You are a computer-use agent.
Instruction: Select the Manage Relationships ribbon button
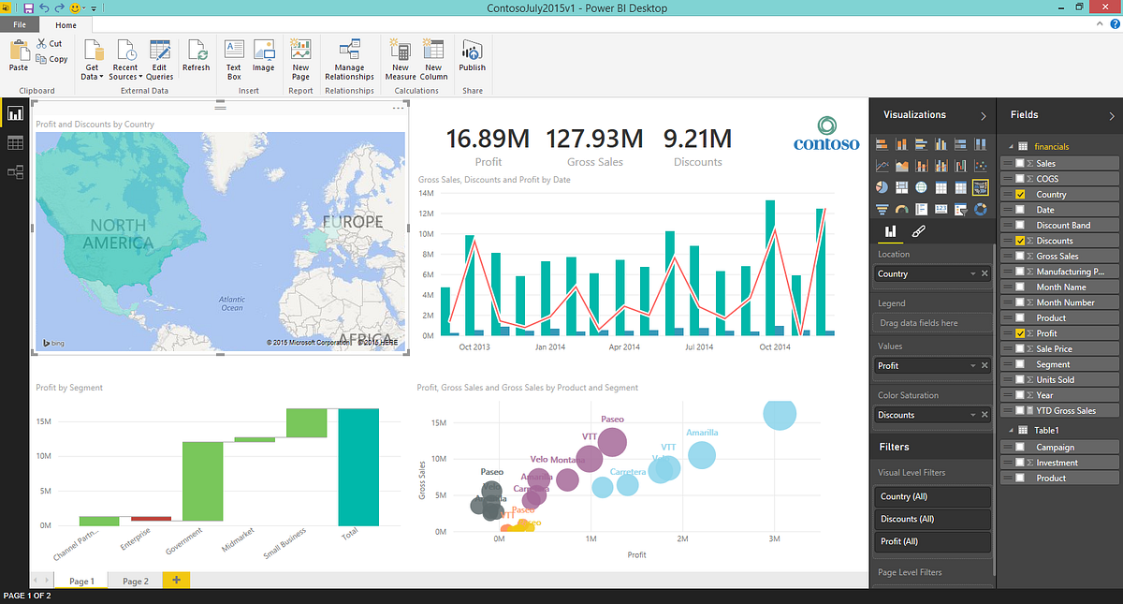click(349, 59)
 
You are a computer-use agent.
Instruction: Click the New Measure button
click(401, 59)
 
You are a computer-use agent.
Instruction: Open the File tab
click(20, 25)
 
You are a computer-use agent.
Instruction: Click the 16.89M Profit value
click(488, 139)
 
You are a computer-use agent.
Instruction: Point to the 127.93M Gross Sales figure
click(594, 139)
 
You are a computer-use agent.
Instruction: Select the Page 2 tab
click(136, 582)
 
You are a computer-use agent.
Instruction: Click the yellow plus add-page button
click(176, 581)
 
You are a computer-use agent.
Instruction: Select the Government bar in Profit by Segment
click(202, 481)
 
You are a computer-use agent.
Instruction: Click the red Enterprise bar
click(151, 518)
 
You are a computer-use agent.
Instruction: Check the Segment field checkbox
click(1019, 364)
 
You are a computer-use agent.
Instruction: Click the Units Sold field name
click(1055, 379)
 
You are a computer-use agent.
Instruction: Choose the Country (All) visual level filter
click(931, 496)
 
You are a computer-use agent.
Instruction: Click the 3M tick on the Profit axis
click(774, 540)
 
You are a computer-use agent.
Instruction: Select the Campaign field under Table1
click(1055, 448)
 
